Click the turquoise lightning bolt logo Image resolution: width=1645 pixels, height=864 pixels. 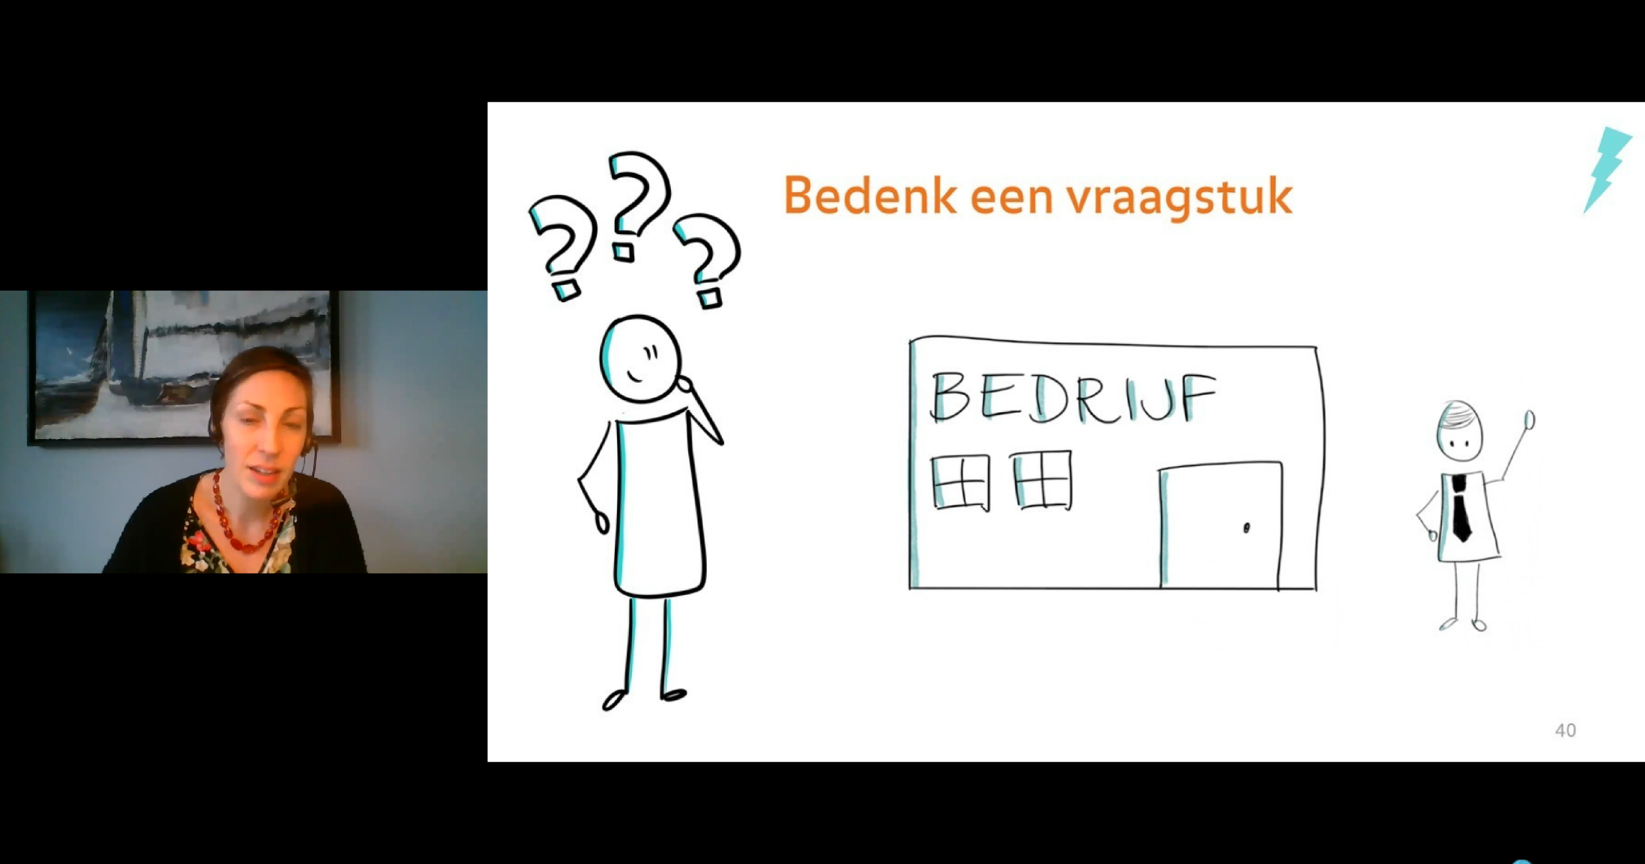(1607, 169)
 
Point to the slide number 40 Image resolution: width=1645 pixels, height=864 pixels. (1565, 730)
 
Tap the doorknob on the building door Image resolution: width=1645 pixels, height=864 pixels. (1247, 528)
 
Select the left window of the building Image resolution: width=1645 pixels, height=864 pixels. (961, 482)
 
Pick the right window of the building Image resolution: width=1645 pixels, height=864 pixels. (1042, 480)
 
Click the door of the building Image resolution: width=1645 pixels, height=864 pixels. (1220, 525)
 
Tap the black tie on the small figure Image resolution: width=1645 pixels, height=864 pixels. (1461, 508)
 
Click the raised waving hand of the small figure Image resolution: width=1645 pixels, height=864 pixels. (1530, 420)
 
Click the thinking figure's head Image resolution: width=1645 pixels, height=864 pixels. (639, 359)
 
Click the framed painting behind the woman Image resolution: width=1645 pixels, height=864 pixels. (184, 367)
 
